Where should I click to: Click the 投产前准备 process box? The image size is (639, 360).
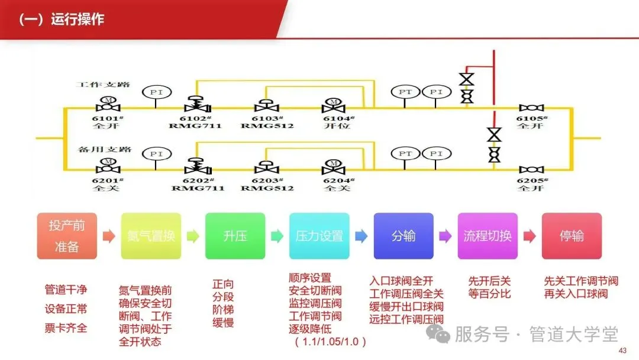pos(67,236)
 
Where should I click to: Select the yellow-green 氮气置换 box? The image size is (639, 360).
pos(151,236)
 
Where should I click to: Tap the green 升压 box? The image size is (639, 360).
pos(235,236)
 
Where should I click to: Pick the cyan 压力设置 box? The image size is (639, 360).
pos(319,236)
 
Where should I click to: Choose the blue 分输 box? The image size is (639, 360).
pos(404,236)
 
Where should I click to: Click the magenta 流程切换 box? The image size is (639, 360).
pos(488,236)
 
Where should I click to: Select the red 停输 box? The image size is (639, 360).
pos(572,236)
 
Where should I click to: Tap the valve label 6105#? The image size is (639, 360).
pos(532,118)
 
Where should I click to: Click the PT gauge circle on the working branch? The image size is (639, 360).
pos(405,92)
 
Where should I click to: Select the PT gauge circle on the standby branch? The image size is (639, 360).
pos(405,154)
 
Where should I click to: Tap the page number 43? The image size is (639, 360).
pos(622,351)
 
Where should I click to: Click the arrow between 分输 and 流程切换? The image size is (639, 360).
pos(445,236)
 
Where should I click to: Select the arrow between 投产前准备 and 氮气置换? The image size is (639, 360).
pos(109,236)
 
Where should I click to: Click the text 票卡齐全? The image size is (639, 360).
pos(66,327)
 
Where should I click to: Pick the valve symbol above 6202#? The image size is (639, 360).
pos(193,166)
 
